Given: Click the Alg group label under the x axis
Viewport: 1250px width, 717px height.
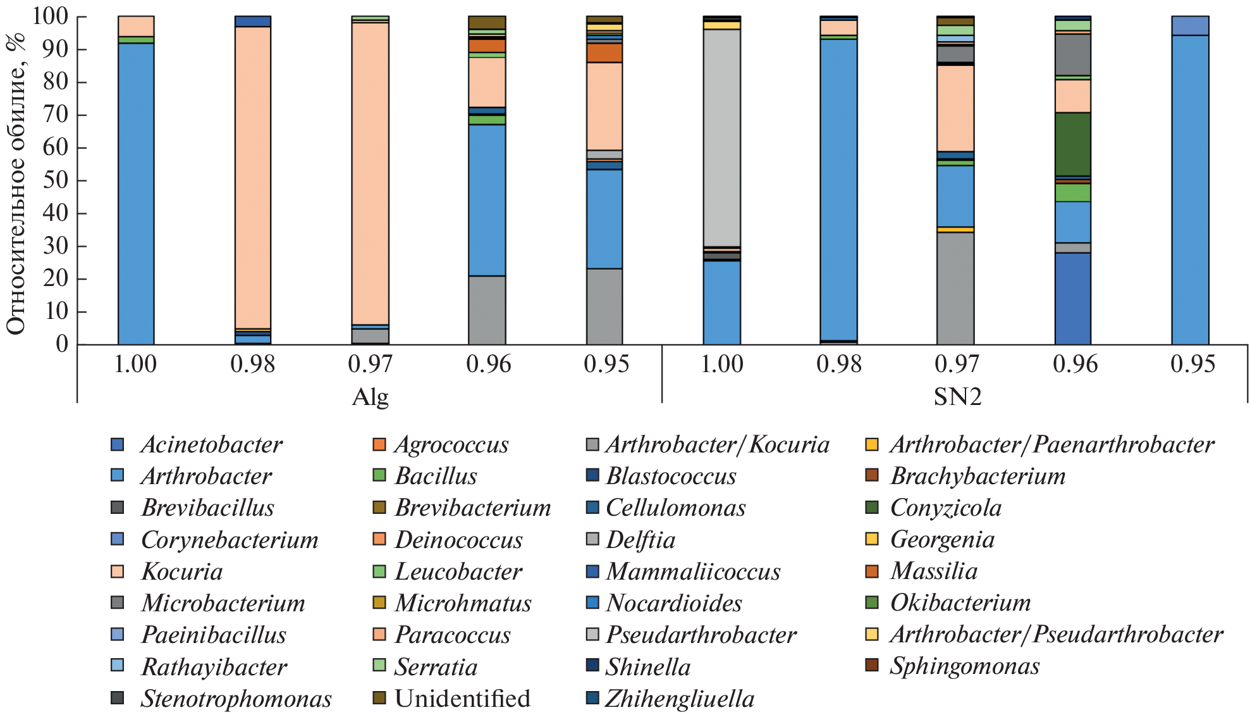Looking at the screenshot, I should pos(370,397).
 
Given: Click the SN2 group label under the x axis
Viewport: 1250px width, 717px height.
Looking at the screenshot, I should pos(957,397).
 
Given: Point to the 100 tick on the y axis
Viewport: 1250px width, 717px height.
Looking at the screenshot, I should pos(51,17).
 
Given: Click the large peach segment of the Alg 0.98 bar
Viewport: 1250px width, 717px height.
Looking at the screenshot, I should pos(253,177).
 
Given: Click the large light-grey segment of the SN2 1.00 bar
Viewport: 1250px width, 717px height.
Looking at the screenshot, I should pos(722,136).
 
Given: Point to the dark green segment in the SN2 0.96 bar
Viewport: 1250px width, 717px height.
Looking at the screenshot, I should pos(1073,144).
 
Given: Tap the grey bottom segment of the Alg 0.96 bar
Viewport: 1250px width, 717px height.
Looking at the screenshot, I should pos(487,310).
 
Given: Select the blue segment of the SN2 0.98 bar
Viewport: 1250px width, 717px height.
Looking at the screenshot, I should pos(839,190).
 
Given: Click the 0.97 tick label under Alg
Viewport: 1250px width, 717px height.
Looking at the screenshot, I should pos(370,365).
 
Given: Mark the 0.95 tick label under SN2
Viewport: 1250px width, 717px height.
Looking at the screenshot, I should pos(1192,365).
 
